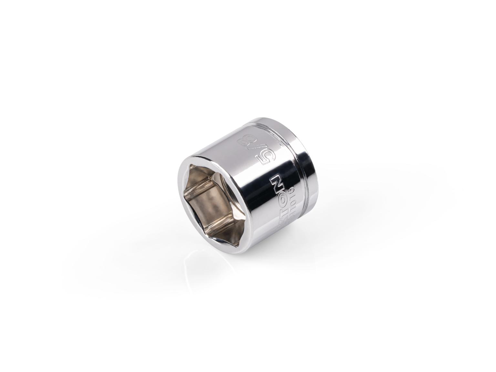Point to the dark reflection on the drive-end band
[313, 181]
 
